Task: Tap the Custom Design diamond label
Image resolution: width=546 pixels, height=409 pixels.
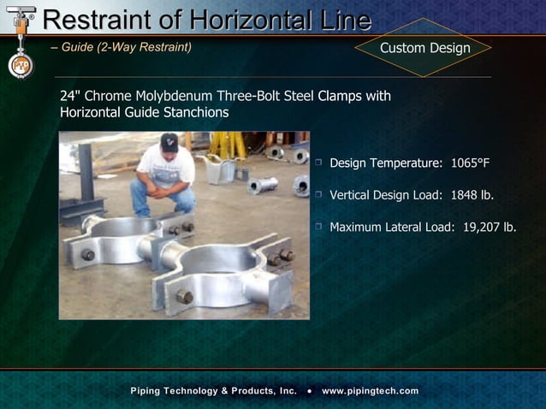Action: coord(424,48)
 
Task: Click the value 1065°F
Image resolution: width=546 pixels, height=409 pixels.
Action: coord(470,163)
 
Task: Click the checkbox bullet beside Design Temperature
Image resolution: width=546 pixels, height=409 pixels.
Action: coord(318,163)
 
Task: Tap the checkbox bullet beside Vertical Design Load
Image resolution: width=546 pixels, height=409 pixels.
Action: coord(318,195)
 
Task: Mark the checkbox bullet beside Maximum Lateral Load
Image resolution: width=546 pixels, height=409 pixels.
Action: coord(318,227)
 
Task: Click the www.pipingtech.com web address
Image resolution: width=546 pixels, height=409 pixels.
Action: coord(371,391)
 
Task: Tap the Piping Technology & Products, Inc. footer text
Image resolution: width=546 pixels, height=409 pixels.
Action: coord(213,391)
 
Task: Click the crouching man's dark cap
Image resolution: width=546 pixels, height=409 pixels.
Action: coord(169,140)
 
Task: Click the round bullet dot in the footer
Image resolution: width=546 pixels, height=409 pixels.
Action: coord(309,391)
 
